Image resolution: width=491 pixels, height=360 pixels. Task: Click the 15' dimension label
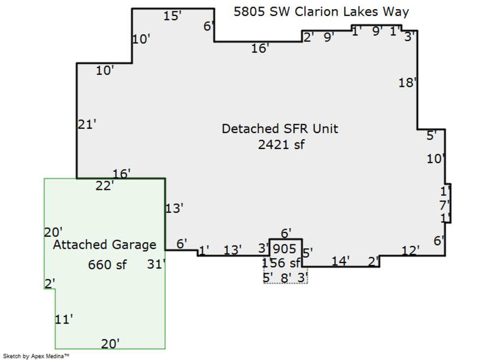(172, 16)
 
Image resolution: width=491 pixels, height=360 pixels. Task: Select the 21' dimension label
(87, 125)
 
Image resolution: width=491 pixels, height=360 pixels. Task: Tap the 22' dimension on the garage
(104, 186)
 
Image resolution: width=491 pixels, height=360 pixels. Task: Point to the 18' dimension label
(408, 83)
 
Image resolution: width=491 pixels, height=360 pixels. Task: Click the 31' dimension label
(156, 265)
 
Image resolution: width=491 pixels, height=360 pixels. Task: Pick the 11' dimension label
(64, 320)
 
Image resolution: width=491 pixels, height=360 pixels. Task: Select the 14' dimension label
(340, 261)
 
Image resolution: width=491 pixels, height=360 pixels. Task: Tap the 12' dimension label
(410, 250)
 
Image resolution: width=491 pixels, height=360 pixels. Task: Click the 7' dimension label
(445, 206)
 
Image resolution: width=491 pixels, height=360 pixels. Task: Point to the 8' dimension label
(285, 277)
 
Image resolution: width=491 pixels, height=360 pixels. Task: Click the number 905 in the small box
(284, 249)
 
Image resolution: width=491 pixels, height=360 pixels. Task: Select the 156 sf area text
(282, 263)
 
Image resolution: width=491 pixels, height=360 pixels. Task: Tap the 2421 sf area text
(281, 145)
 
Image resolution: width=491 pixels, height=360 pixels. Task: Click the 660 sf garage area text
(107, 265)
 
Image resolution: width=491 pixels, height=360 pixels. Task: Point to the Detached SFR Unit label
(280, 129)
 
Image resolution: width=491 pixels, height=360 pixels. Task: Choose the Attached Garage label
(104, 245)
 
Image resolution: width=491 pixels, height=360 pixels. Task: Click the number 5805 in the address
(249, 11)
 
